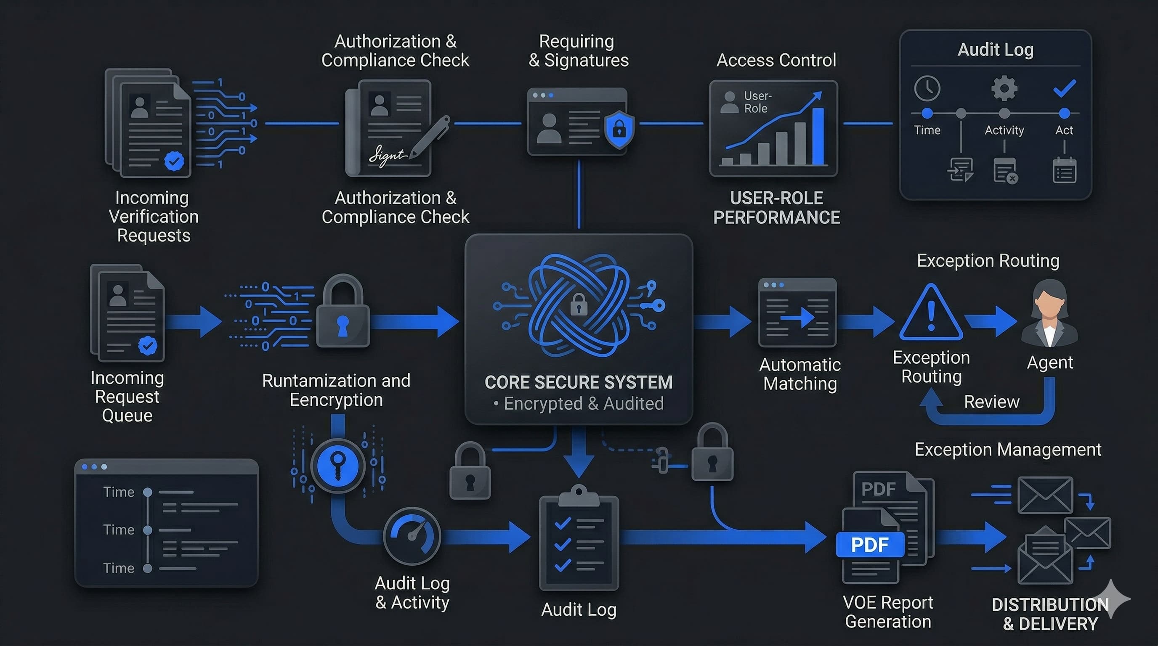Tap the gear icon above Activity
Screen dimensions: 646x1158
tap(1004, 88)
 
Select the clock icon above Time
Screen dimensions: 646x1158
tap(927, 88)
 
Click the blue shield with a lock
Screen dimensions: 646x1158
tap(619, 130)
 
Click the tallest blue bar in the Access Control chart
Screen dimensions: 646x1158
tap(818, 136)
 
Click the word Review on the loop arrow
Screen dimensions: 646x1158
tap(991, 402)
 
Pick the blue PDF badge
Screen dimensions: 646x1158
tap(870, 545)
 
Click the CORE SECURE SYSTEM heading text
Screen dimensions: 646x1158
tap(579, 382)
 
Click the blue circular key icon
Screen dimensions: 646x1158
tap(337, 465)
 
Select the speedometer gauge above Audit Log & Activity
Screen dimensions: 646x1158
tap(412, 535)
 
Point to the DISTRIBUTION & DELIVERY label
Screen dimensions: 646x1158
tap(1050, 614)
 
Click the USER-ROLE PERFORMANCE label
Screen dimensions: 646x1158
tap(776, 207)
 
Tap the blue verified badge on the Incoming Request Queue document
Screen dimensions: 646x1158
tap(147, 345)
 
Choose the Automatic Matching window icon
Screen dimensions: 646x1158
tap(797, 312)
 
